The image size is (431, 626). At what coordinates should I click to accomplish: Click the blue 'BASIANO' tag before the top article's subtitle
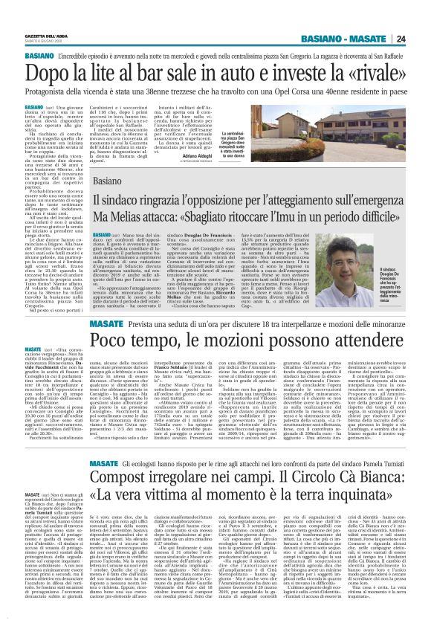point(38,56)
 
